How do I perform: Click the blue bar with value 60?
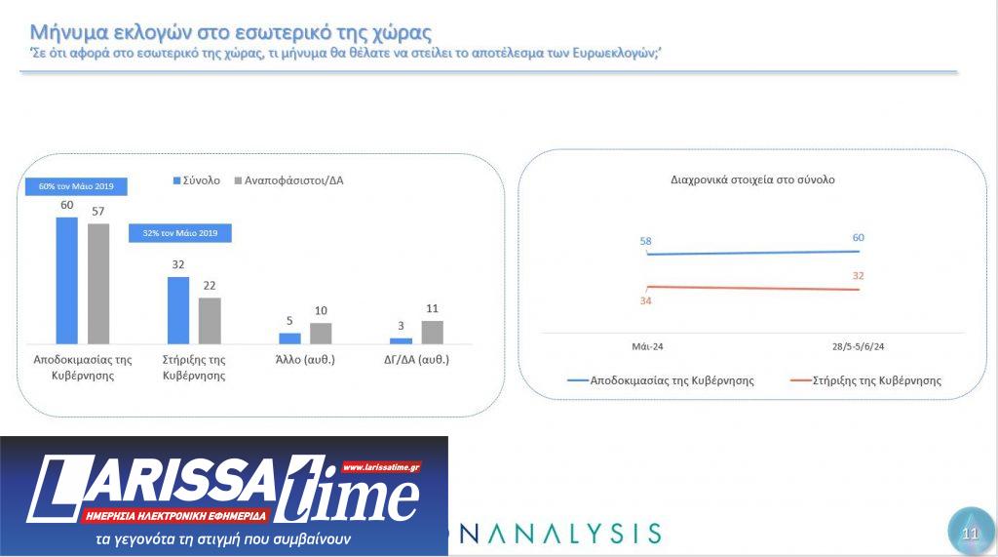[x=66, y=280]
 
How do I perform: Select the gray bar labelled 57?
[x=98, y=283]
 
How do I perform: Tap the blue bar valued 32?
[x=178, y=310]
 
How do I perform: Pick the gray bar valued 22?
[x=210, y=320]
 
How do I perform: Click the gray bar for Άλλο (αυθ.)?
[x=321, y=333]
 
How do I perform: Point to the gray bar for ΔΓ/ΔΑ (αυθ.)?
[x=433, y=332]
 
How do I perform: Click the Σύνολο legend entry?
[x=197, y=180]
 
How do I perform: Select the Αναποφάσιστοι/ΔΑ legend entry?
[x=293, y=180]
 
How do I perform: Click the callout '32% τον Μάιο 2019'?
[x=179, y=233]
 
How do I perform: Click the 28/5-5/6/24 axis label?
[x=858, y=346]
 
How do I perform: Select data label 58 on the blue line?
[x=645, y=240]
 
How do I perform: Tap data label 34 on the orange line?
[x=645, y=300]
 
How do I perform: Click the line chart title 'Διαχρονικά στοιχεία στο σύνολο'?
[x=752, y=179]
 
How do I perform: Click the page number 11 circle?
[x=969, y=533]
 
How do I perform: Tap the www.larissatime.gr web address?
[x=381, y=468]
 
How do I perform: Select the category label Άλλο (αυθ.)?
[x=305, y=359]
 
